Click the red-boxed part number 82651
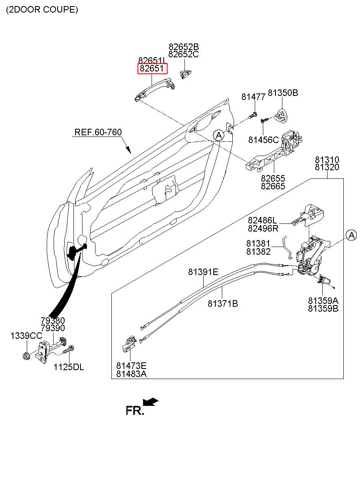click(x=152, y=69)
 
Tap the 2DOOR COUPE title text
click(x=42, y=10)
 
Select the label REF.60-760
click(x=98, y=132)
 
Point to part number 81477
click(x=253, y=97)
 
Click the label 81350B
click(x=283, y=93)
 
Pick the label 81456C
click(x=263, y=140)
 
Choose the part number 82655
click(x=273, y=178)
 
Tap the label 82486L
click(x=262, y=220)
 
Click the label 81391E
click(x=203, y=272)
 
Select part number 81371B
click(x=223, y=303)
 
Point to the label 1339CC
click(x=26, y=336)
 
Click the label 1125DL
click(x=69, y=367)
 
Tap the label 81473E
click(x=131, y=366)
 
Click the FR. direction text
click(x=135, y=410)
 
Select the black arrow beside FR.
click(x=150, y=402)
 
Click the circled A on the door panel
click(x=219, y=136)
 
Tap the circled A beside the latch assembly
click(x=351, y=235)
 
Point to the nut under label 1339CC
click(x=26, y=356)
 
